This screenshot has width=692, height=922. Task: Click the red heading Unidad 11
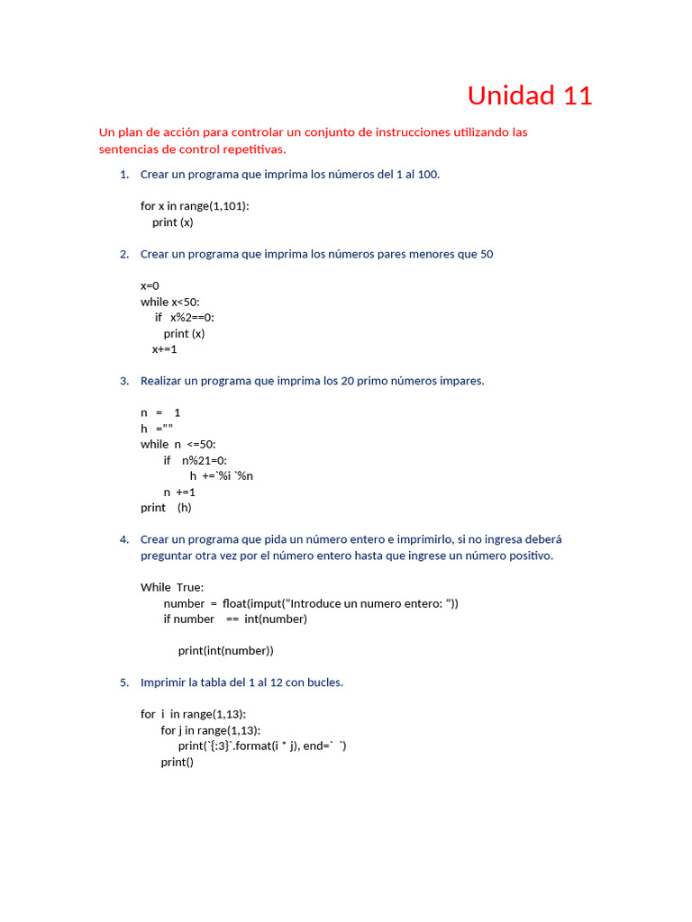[x=530, y=95]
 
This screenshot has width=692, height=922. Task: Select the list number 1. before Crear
[x=124, y=175]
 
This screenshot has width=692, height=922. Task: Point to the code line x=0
[x=150, y=286]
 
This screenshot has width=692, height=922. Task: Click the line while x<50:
[x=170, y=302]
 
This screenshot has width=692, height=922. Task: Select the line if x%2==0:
[x=185, y=318]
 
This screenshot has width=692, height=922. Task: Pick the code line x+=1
[x=165, y=349]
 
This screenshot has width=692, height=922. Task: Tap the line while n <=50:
[x=178, y=444]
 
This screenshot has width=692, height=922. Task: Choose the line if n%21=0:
[x=196, y=460]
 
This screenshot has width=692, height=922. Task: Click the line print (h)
[x=167, y=508]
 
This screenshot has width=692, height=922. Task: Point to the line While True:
[x=172, y=587]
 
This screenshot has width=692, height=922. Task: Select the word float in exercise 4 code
[x=237, y=603]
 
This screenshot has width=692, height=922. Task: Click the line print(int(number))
[x=225, y=651]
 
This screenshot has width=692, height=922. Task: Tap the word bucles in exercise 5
[x=323, y=682]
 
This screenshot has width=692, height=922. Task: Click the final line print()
[x=178, y=762]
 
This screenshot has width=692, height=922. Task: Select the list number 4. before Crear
[x=124, y=539]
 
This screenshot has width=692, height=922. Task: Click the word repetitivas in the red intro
[x=251, y=149]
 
